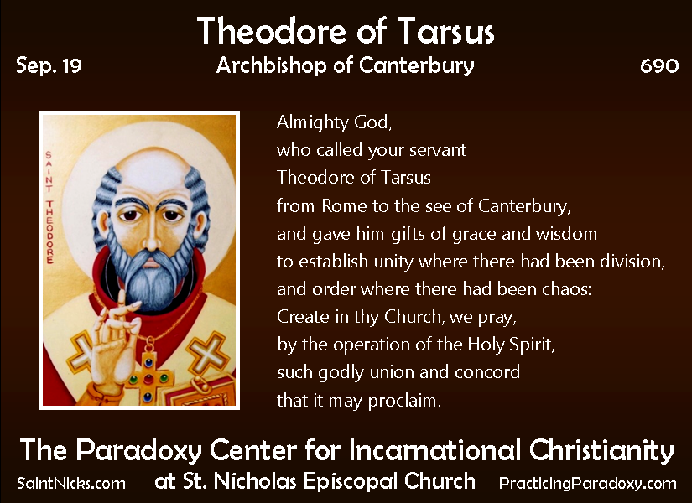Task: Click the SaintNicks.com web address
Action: (71, 484)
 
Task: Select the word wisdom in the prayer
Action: (567, 233)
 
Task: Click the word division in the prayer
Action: (626, 262)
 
